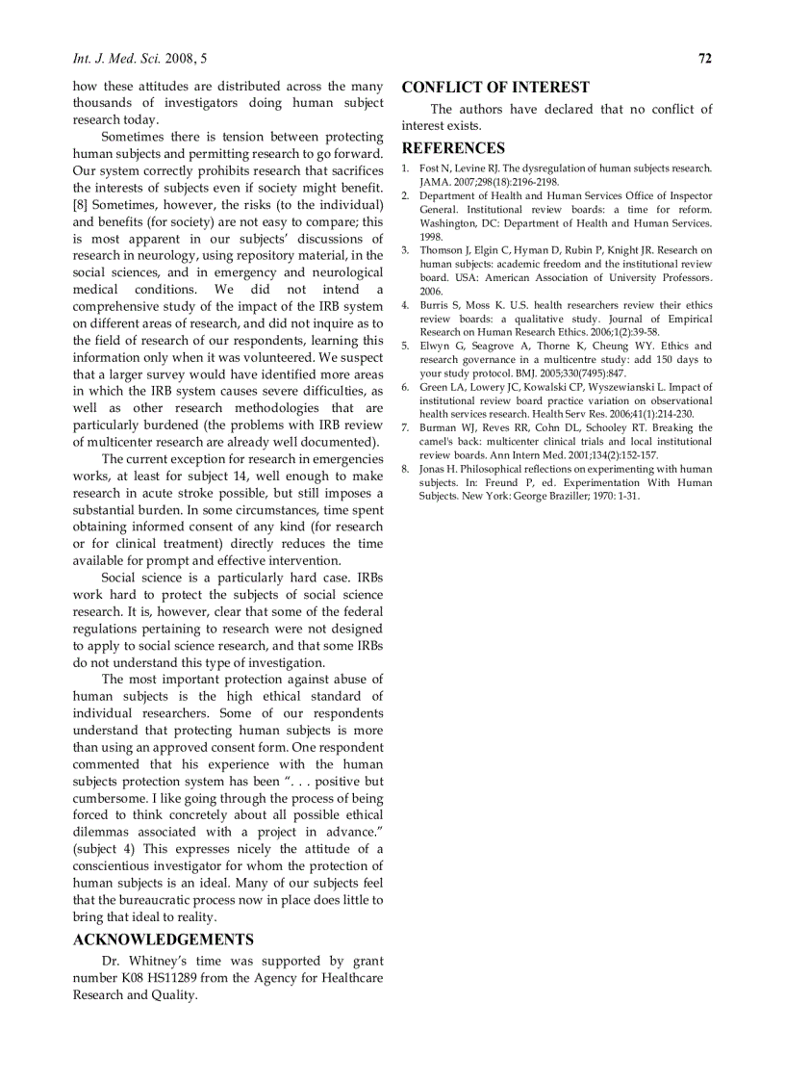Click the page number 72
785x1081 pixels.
pos(705,59)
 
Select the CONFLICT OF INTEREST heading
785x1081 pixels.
pos(495,88)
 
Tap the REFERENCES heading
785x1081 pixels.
pos(453,148)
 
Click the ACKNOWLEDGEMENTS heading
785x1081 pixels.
pos(164,939)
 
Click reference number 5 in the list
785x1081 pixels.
pos(405,346)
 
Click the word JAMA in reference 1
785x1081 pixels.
pos(434,182)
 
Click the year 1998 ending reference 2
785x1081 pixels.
pos(431,236)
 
